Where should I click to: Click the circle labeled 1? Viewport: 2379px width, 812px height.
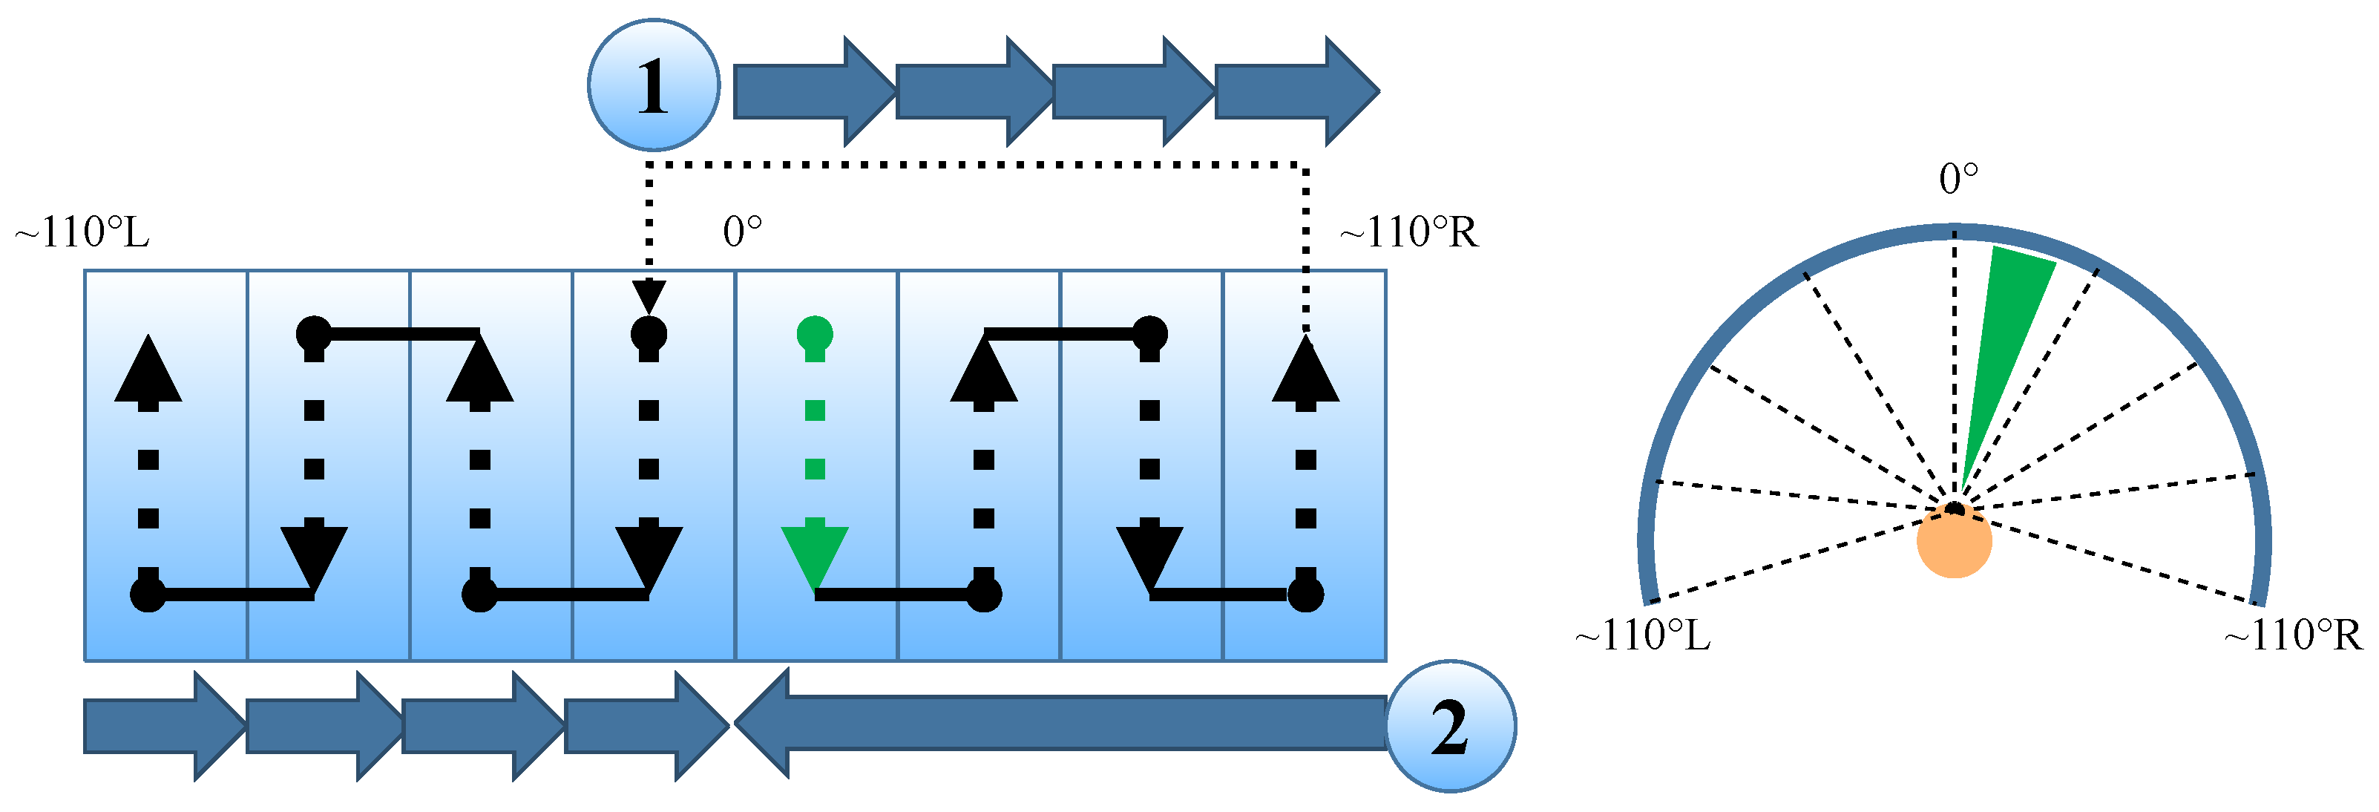(x=653, y=85)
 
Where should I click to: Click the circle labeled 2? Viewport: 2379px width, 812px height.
(x=1450, y=727)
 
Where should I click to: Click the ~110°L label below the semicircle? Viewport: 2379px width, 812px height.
(x=1643, y=635)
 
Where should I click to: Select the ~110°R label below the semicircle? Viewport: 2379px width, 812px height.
(x=2292, y=635)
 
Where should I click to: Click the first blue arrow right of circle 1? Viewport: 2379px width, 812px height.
(x=813, y=91)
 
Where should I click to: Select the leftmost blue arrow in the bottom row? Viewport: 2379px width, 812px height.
(x=163, y=726)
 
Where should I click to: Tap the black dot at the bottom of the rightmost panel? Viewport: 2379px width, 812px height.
(x=1305, y=594)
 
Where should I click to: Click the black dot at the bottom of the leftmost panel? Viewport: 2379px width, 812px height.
(x=148, y=594)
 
